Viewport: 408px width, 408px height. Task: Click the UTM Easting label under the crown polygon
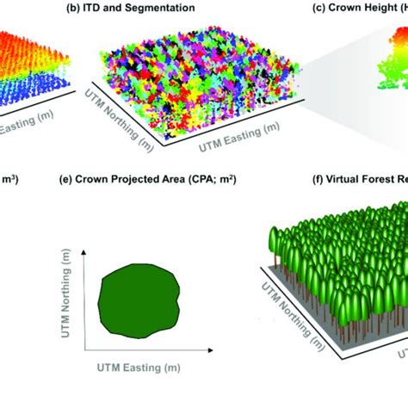[x=142, y=368]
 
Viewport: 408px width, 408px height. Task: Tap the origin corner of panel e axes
[x=83, y=354]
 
